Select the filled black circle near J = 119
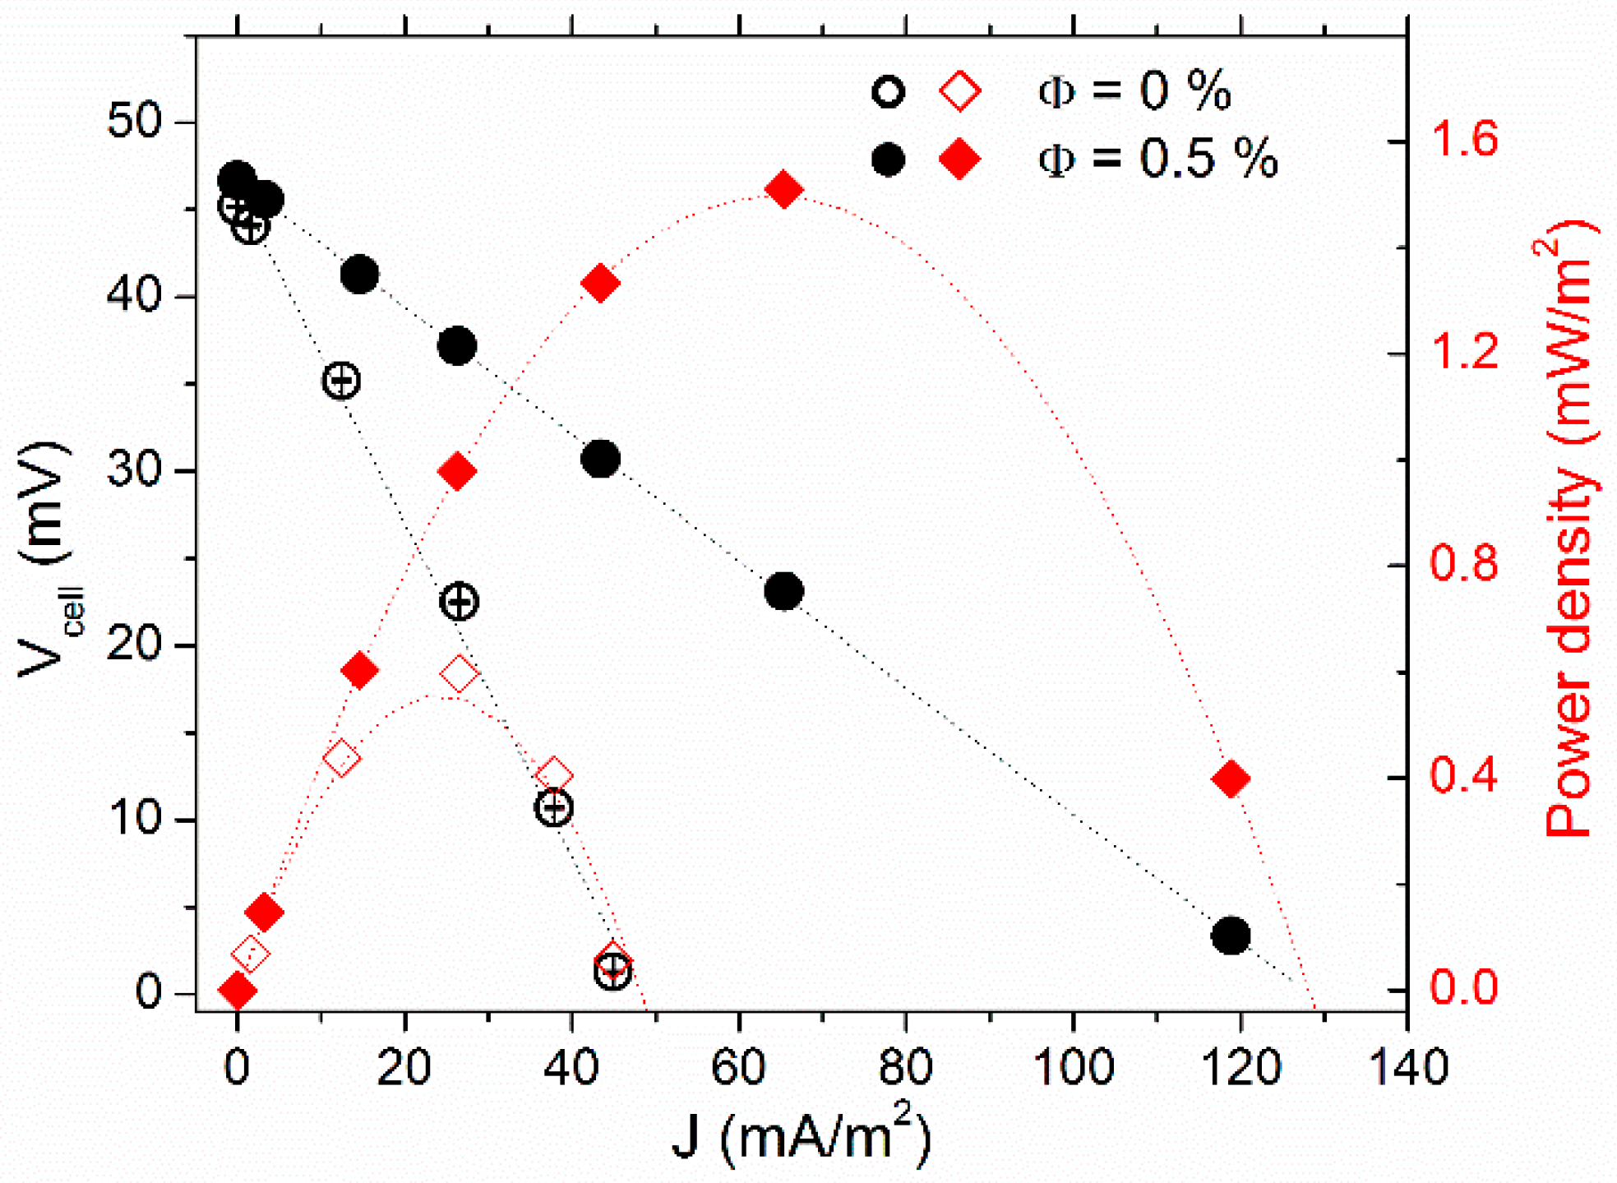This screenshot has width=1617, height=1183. [1231, 936]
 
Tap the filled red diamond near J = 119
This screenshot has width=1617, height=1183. [1231, 779]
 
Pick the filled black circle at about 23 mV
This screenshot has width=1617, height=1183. [783, 591]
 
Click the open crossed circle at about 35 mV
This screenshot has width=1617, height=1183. [341, 380]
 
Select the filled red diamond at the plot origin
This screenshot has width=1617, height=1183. [238, 991]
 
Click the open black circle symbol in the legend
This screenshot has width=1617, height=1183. [888, 91]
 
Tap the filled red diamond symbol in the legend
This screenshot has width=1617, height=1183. [959, 159]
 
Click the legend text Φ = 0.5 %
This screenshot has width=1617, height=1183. [1157, 159]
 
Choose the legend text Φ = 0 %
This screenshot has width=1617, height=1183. [1134, 90]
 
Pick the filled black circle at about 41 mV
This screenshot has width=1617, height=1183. [359, 274]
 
